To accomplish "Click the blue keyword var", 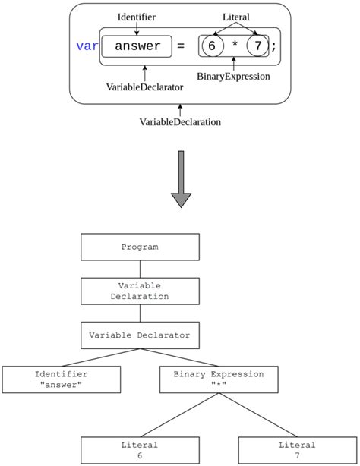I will coord(87,46).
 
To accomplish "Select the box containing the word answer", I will coord(137,46).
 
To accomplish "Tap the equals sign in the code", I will coord(181,46).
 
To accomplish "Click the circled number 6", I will coord(212,46).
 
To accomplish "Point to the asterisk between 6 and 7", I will coord(235,47).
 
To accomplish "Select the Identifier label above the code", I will coord(137,16).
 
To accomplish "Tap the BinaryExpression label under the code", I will coord(233,76).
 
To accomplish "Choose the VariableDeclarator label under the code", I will coord(144,87).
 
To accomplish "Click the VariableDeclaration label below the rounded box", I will coord(180,121).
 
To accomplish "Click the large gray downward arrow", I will coord(181,179).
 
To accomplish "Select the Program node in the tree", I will coord(140,247).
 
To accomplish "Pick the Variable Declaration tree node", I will coord(140,291).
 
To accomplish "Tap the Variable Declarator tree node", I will coord(140,335).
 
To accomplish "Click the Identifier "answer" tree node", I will coord(61,379).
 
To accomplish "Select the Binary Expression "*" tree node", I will coord(219,379).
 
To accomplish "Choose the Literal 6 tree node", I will coord(140,450).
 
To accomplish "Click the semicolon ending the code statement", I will coord(274,47).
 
